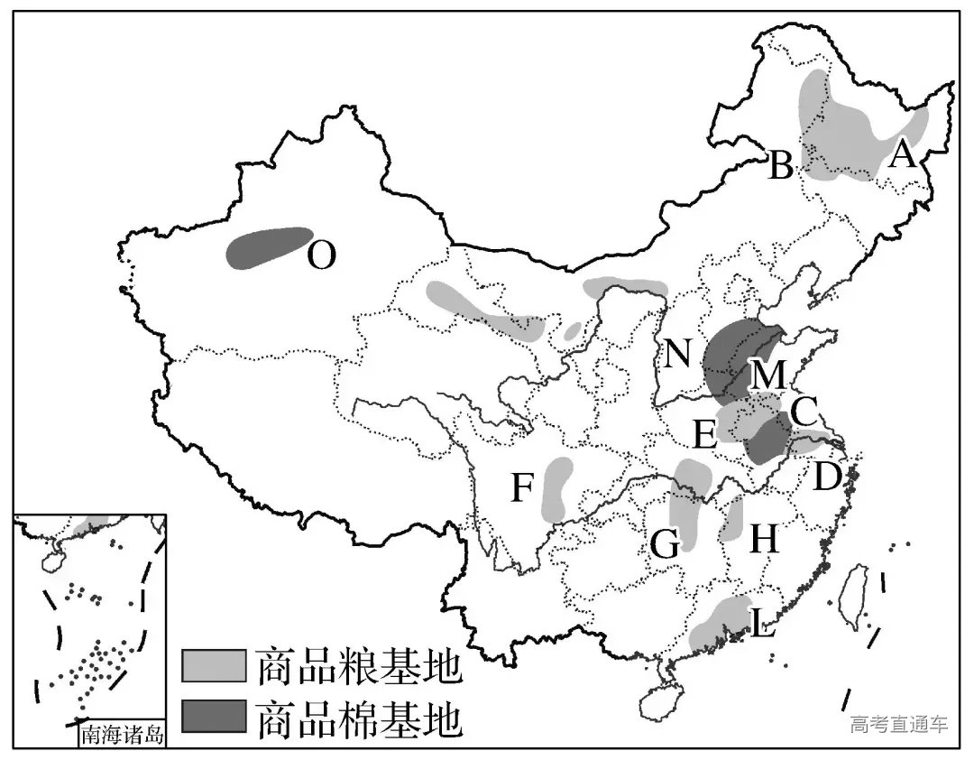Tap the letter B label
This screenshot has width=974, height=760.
780,166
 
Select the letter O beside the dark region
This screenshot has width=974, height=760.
321,257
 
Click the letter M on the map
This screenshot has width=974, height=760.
767,375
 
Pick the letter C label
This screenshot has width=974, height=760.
802,412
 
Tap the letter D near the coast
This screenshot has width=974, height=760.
827,476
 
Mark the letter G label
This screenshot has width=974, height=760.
665,544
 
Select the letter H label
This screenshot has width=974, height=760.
763,540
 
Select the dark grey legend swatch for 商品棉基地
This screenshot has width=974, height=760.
213,717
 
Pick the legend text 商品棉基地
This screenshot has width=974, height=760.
359,718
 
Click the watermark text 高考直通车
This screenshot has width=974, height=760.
898,725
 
